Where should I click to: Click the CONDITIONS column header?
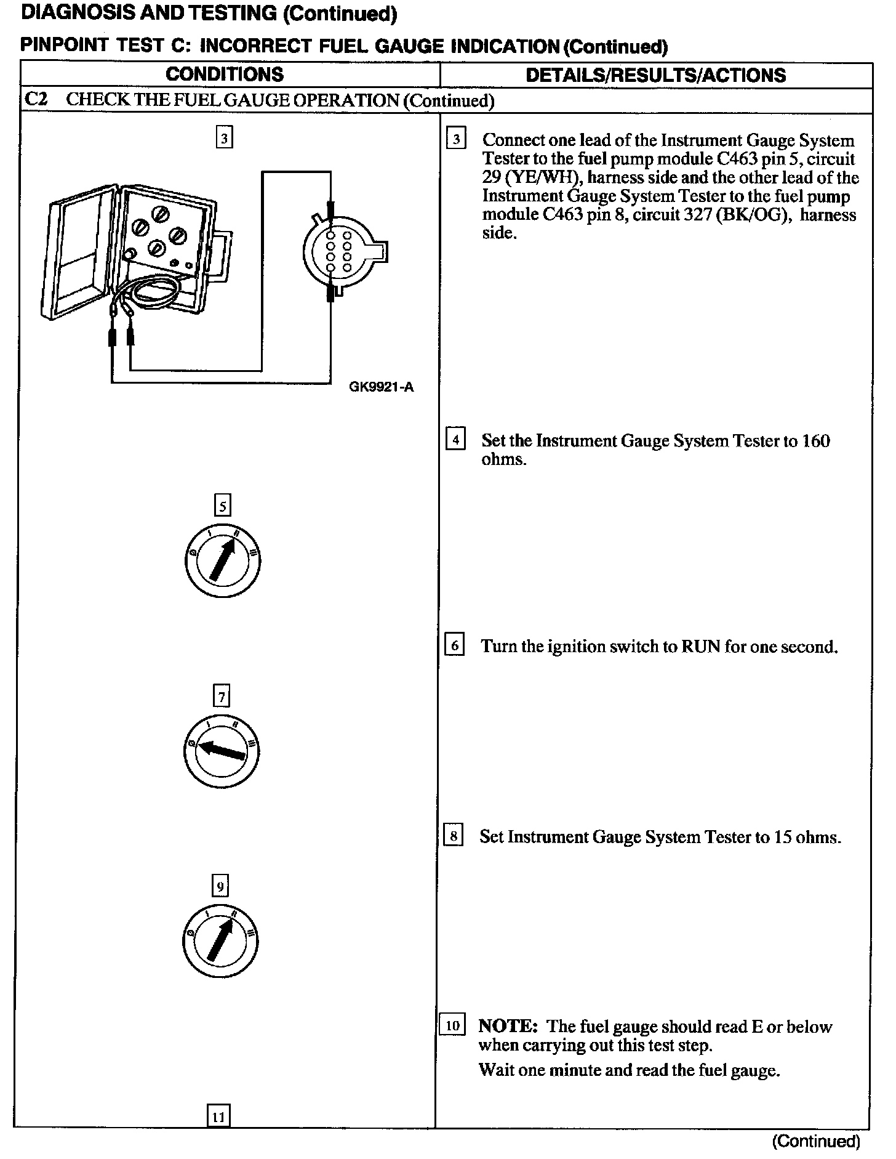pos(225,75)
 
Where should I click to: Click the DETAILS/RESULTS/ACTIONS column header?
pos(655,75)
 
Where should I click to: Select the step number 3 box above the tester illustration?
pos(225,138)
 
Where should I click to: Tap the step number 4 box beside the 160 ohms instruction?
pos(455,440)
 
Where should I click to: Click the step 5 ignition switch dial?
pos(222,559)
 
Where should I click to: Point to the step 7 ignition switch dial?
pos(221,751)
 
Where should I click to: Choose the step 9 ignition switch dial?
pos(220,941)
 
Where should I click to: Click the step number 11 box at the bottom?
pos(219,1116)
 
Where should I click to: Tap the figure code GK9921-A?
pos(381,387)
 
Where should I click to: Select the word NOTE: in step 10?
pos(508,1026)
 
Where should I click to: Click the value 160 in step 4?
pos(816,440)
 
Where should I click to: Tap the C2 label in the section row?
pos(36,100)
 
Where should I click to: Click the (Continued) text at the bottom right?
pos(815,1141)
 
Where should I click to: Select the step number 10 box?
pos(452,1026)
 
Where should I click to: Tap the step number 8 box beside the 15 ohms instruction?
pos(454,836)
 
